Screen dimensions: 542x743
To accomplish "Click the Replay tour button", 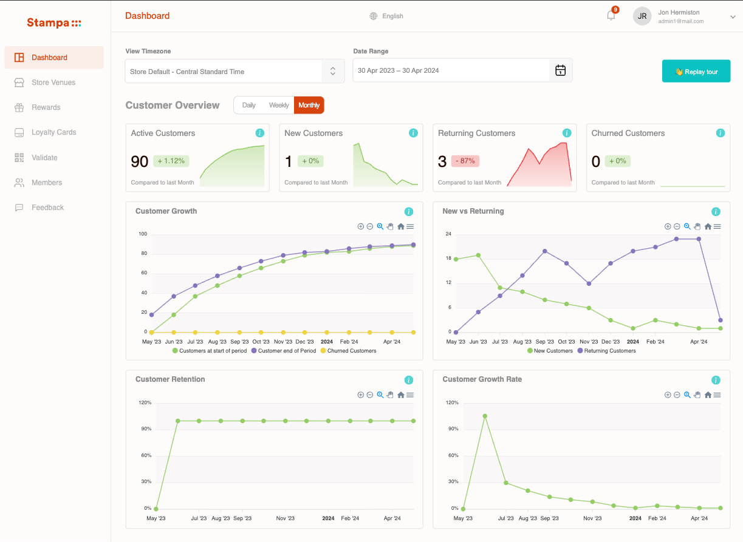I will click(x=696, y=72).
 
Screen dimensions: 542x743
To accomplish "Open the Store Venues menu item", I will click(x=53, y=83).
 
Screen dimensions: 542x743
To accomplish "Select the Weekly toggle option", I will click(x=279, y=105).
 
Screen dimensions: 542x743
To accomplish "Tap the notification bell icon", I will click(x=611, y=16).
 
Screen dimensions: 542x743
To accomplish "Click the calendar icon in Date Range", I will click(x=560, y=70).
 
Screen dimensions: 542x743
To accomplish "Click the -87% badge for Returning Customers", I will click(x=465, y=161).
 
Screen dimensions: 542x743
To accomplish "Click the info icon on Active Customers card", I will click(x=260, y=133).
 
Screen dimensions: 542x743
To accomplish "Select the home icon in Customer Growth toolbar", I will click(x=401, y=226).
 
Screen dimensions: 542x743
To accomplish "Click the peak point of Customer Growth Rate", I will click(x=485, y=416).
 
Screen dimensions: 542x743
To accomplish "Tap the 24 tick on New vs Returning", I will click(x=448, y=234).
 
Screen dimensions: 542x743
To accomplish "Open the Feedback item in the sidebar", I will click(x=47, y=208).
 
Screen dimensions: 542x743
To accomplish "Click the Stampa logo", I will click(x=54, y=23).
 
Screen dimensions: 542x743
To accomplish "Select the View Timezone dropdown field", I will click(x=235, y=72).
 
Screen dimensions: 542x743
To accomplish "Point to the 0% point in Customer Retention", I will click(x=156, y=509).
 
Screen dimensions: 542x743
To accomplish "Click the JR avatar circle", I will click(x=642, y=16).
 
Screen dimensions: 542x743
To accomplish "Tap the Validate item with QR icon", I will click(x=44, y=158).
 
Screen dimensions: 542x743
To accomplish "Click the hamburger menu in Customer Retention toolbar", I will click(x=410, y=395).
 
